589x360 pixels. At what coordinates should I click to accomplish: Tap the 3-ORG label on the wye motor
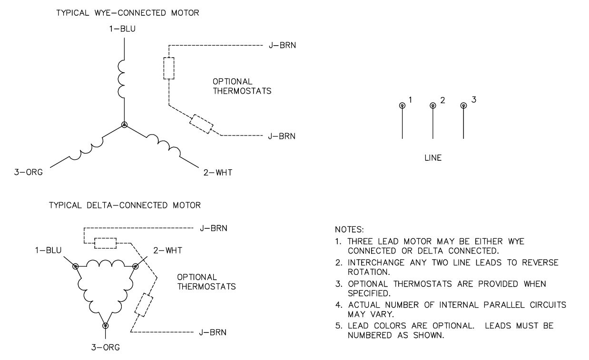29,173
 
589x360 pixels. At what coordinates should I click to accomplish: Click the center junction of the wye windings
124,125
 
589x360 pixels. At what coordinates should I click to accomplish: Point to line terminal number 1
402,106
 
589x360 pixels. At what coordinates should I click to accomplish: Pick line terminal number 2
432,106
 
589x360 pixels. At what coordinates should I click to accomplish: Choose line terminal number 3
463,106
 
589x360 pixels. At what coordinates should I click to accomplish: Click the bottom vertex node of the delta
106,326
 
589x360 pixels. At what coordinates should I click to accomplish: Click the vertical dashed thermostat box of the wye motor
169,68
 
